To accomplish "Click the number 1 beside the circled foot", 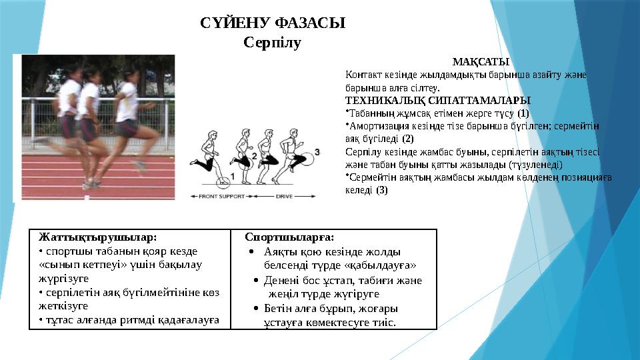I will pyautogui.click(x=233, y=176).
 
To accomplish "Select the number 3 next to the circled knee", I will pyautogui.click(x=317, y=152).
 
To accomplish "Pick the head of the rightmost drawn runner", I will pyautogui.click(x=291, y=131).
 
